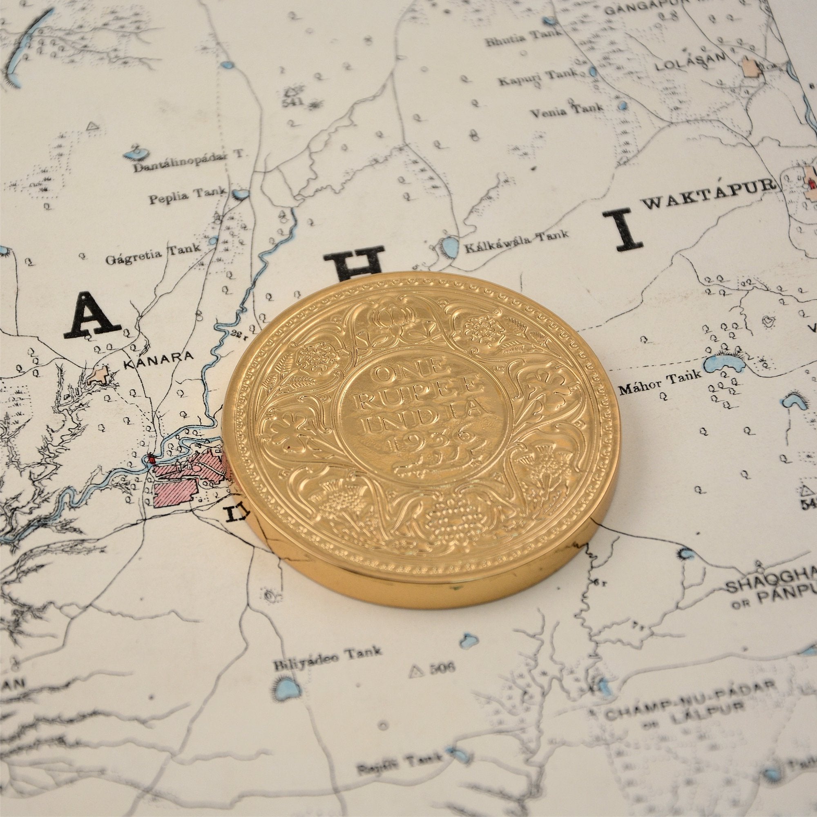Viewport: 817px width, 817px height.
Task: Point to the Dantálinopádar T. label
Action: pos(190,165)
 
